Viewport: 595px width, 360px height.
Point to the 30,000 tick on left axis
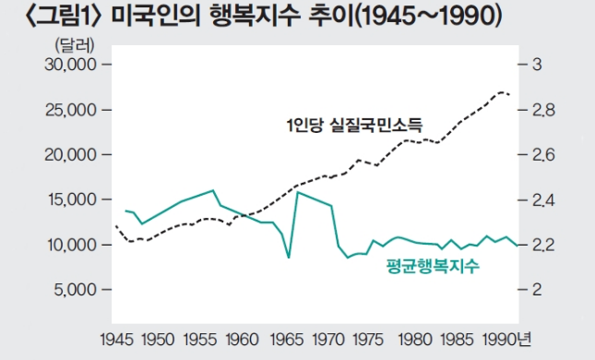click(71, 65)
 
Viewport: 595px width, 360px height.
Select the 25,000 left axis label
click(71, 110)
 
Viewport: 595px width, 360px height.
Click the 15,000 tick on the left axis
click(71, 199)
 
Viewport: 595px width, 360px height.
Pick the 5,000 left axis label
click(76, 290)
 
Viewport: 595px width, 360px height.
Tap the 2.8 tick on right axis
click(540, 110)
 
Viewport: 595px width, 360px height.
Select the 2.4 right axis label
click(540, 199)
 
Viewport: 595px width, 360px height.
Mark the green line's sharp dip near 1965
click(290, 258)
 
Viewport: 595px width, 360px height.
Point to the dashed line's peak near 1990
click(501, 92)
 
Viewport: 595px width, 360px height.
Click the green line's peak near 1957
click(214, 190)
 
